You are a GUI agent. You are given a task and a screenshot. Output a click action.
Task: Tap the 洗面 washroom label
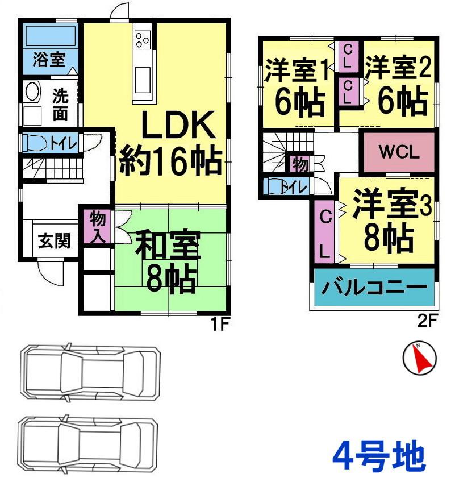[x=60, y=104]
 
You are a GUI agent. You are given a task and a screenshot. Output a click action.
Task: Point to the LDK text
[x=170, y=126]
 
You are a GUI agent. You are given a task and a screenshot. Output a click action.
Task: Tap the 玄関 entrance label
[x=55, y=242]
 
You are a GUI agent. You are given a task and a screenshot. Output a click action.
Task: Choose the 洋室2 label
[x=398, y=69]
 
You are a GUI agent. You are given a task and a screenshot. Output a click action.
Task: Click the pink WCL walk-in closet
[x=399, y=152]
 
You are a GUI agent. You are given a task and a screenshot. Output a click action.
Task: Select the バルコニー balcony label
[x=375, y=288]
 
